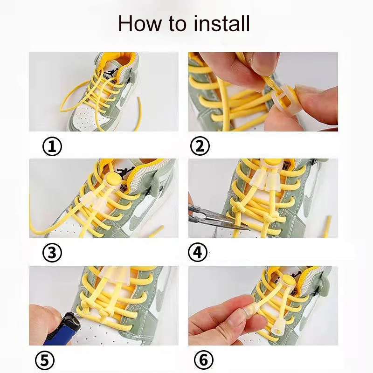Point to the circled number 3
pyautogui.click(x=52, y=253)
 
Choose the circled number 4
pyautogui.click(x=198, y=253)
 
